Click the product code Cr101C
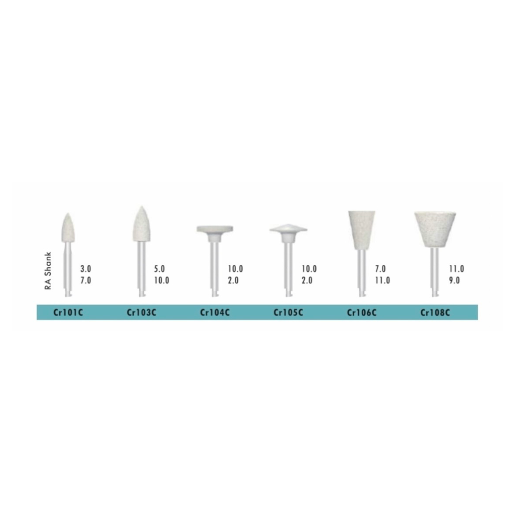(68, 313)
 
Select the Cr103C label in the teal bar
(141, 313)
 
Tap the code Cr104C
(214, 313)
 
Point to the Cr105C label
(288, 313)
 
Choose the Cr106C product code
(362, 313)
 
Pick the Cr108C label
(435, 313)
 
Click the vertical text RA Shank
(48, 271)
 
